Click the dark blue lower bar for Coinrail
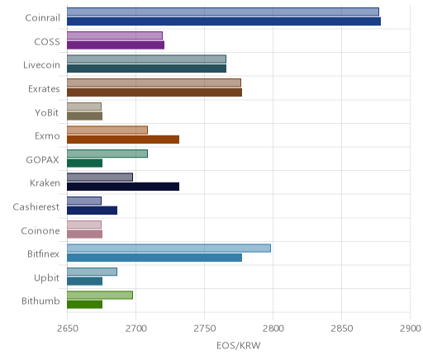[224, 21]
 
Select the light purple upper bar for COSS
[115, 36]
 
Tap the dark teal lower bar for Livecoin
[147, 69]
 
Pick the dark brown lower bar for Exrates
[154, 92]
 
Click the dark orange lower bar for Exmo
[123, 140]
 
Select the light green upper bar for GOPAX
[107, 154]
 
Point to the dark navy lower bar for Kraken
[123, 187]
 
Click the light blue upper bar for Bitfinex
[169, 248]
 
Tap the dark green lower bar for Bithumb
[85, 305]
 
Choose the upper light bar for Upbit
[93, 272]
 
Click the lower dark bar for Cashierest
[93, 211]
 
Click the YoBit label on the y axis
[47, 112]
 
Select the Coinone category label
[40, 230]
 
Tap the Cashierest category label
[36, 206]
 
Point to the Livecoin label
[41, 65]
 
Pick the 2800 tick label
[273, 329]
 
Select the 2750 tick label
[205, 329]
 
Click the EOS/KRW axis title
[239, 345]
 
